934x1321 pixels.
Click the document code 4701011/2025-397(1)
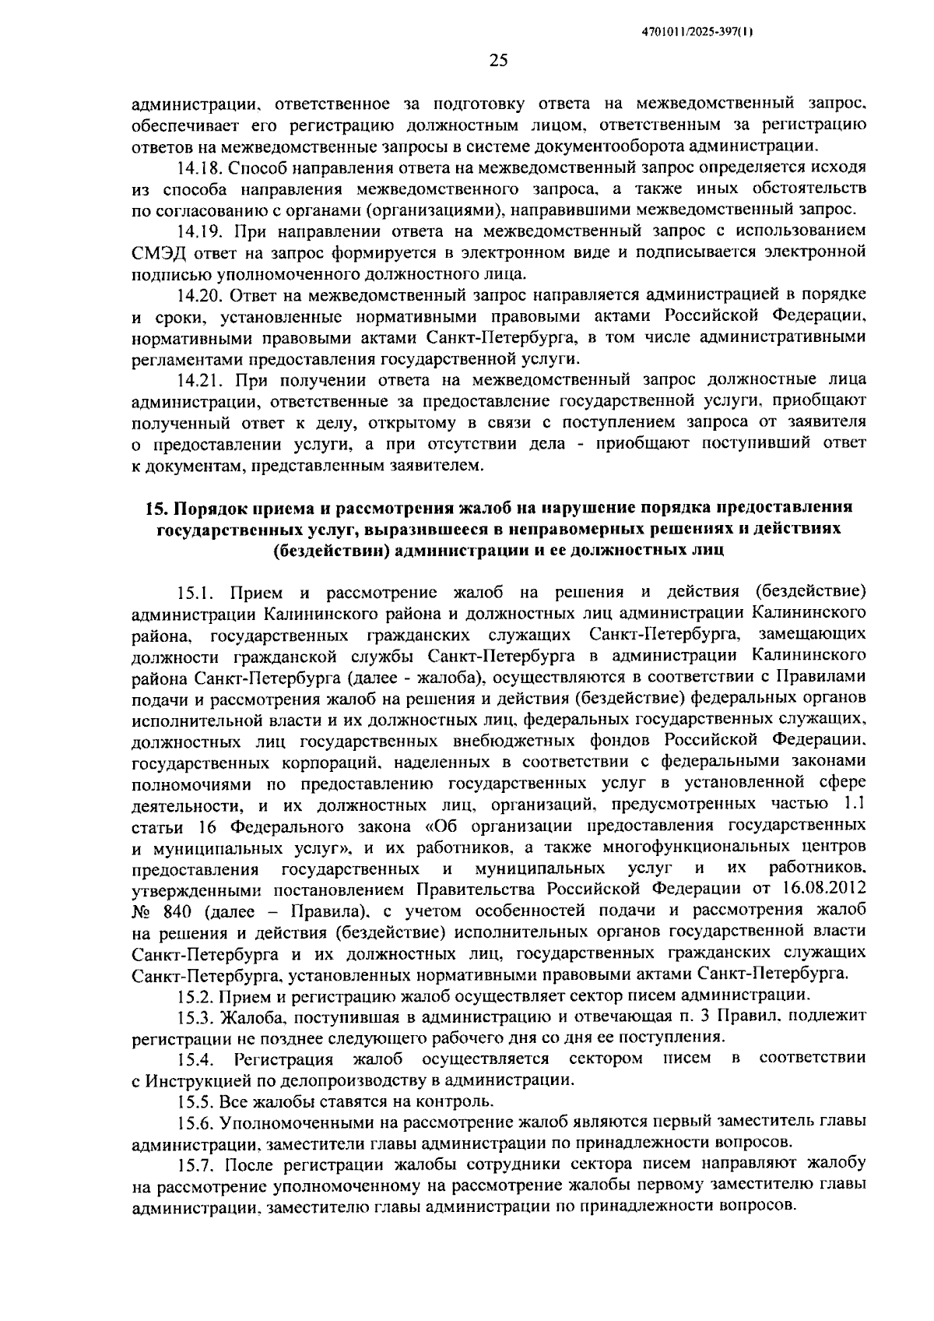[x=697, y=32]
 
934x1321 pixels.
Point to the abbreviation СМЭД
[x=157, y=252]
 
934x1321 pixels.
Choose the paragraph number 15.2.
[x=194, y=995]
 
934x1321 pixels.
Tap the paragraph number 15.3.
[x=194, y=1016]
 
